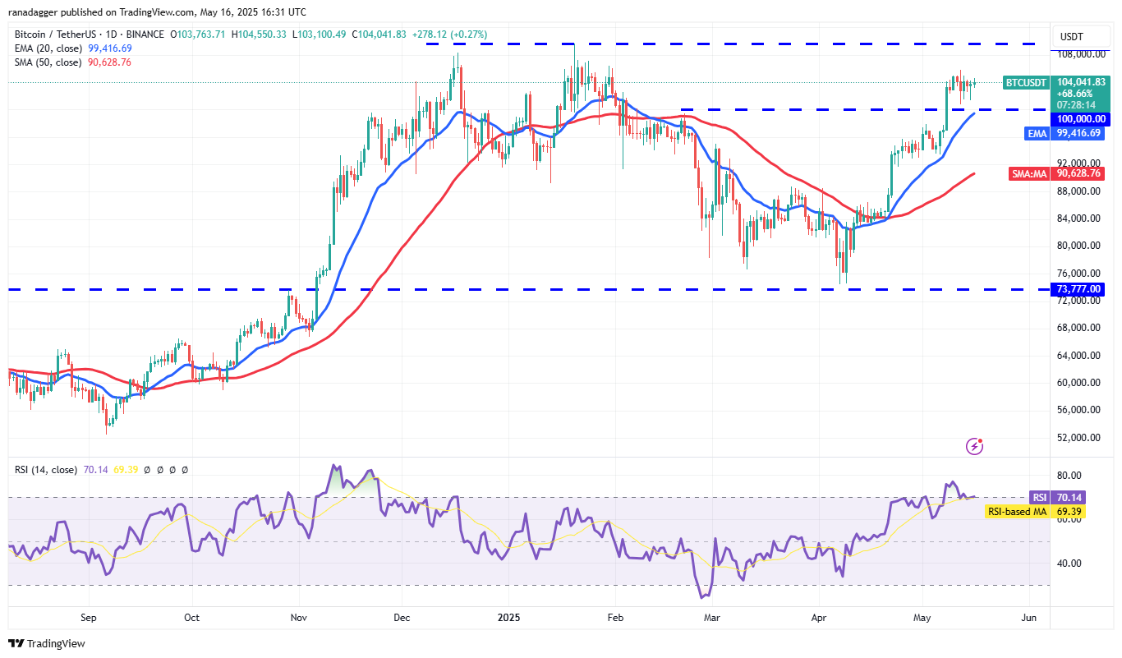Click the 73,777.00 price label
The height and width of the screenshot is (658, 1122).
(1079, 289)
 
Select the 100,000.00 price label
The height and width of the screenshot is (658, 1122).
(1079, 119)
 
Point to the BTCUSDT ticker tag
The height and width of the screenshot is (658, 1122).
(1027, 82)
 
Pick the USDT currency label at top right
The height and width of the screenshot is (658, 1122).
(1071, 36)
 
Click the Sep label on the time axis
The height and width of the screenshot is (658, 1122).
(89, 617)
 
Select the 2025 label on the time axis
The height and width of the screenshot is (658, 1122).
(509, 617)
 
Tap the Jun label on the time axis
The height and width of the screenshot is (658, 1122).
(1028, 617)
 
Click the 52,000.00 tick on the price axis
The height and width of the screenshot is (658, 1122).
(1079, 437)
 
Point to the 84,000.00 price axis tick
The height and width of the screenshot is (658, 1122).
(1079, 219)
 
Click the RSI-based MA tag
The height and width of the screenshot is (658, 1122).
(1016, 512)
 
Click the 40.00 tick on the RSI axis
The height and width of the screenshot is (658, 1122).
(1069, 564)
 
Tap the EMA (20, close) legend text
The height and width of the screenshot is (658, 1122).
(48, 48)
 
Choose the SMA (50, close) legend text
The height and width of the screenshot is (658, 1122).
(48, 62)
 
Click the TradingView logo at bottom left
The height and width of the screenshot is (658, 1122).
(47, 643)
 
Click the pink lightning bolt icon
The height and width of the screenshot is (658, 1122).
(974, 446)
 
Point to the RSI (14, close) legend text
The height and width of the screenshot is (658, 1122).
(46, 470)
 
